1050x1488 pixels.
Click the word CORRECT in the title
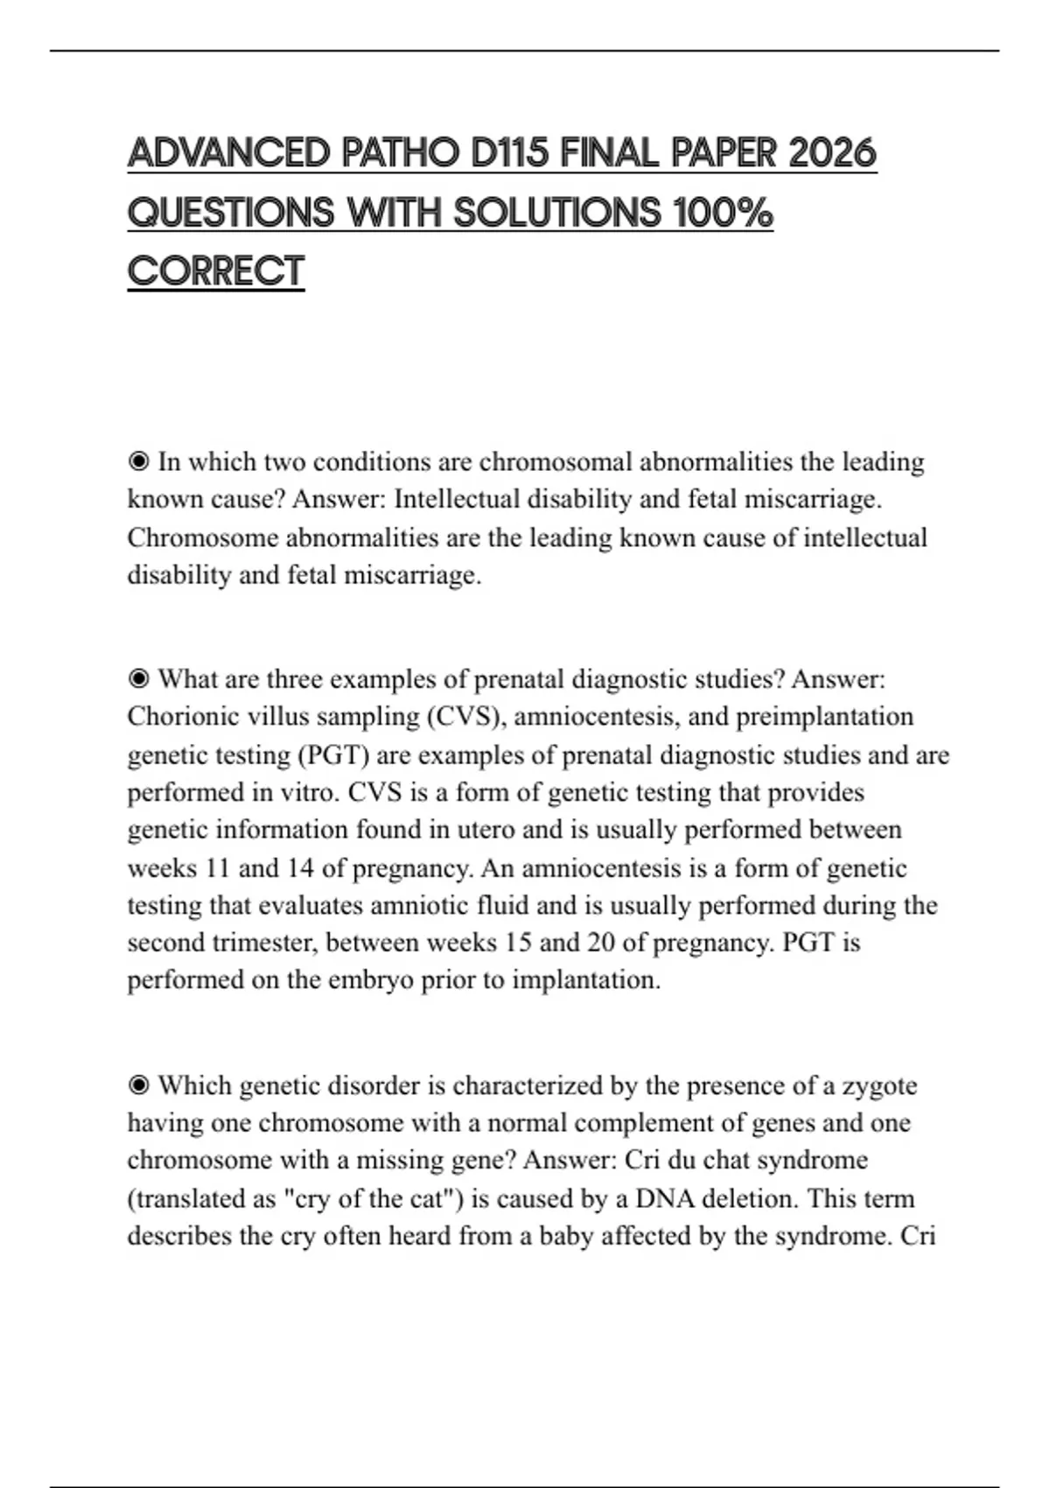[x=216, y=271]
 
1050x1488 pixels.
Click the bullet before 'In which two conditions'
[x=138, y=461]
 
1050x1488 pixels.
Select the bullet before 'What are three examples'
[x=138, y=679]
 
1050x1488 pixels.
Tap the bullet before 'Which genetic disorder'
[x=138, y=1085]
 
